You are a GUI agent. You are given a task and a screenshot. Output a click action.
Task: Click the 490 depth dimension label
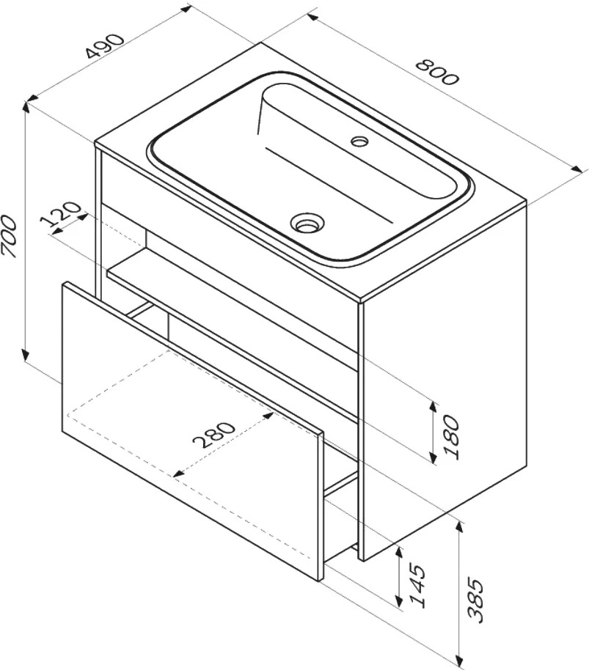coord(104,45)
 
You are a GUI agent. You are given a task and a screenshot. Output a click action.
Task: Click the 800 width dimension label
coord(437,73)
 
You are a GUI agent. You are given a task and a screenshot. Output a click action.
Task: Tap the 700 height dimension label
coord(9,237)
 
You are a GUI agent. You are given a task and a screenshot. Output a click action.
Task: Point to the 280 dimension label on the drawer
coord(214,435)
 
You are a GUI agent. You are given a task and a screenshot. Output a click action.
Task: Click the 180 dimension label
coord(452,436)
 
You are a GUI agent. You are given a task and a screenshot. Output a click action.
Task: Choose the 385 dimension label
coord(475,600)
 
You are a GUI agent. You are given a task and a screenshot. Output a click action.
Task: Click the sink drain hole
coord(307,223)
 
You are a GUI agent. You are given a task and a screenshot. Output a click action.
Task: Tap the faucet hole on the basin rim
coord(359,140)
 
